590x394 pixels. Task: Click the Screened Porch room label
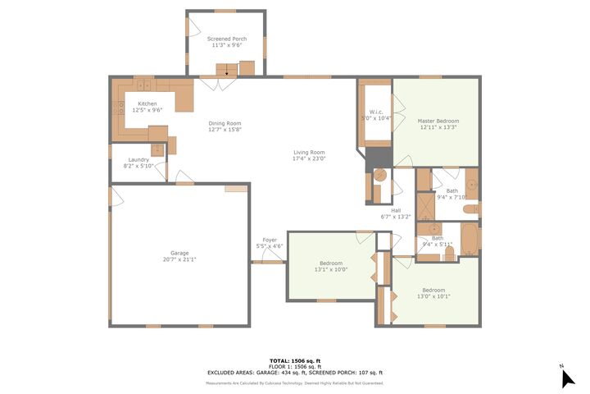(x=226, y=39)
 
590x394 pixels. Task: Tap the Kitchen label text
(x=147, y=103)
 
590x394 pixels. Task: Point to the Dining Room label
(x=225, y=123)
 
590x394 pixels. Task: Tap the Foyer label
(x=269, y=240)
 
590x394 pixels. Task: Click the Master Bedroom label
(x=438, y=121)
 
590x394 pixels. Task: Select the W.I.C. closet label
(x=377, y=112)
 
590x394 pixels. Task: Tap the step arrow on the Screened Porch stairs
(x=226, y=74)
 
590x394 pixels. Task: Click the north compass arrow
(x=568, y=378)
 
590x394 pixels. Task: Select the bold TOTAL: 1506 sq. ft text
(x=295, y=360)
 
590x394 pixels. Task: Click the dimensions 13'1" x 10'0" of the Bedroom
(x=331, y=269)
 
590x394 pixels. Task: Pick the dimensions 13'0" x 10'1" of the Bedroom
(x=433, y=296)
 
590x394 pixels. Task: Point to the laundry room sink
(x=157, y=150)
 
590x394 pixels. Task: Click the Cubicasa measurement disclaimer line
(x=295, y=383)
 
